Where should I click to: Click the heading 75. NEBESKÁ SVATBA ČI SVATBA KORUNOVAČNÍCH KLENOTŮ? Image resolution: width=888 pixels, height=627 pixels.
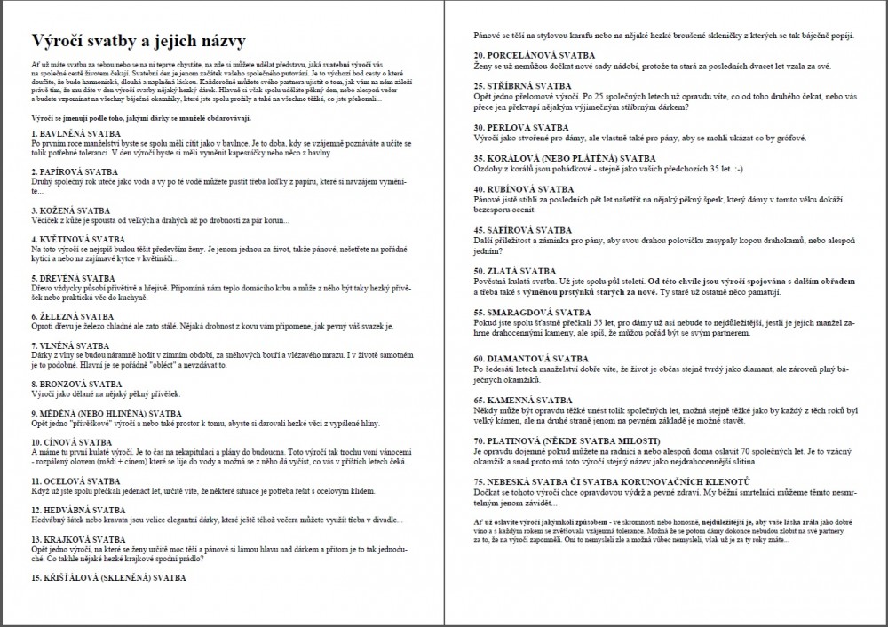599,480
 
